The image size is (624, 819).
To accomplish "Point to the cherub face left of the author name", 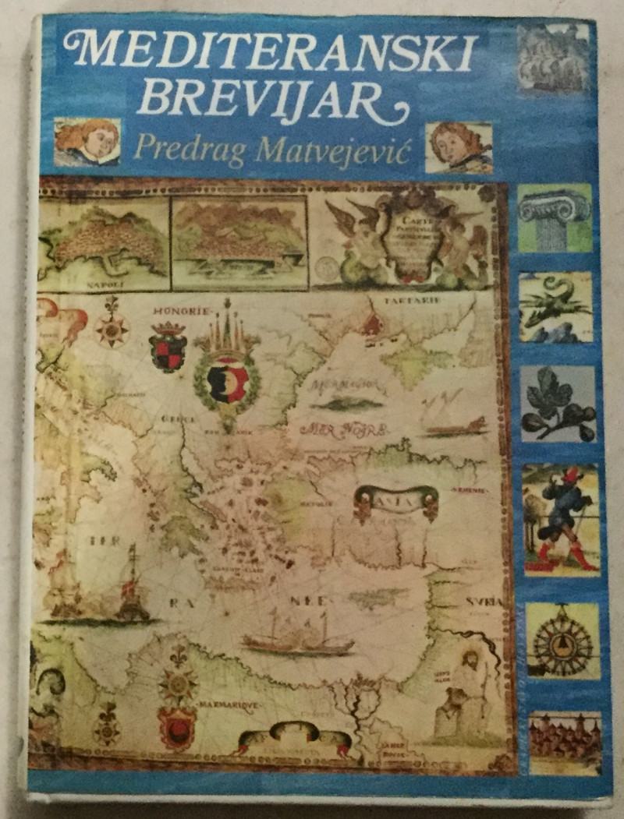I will pyautogui.click(x=87, y=142).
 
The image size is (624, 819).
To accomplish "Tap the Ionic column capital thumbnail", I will pyautogui.click(x=555, y=217).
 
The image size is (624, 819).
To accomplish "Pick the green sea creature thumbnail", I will pyautogui.click(x=556, y=307).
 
